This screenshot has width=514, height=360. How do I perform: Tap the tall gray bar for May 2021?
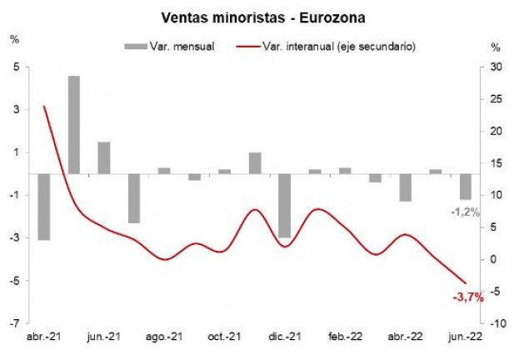[74, 124]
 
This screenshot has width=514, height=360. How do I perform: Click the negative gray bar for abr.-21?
[44, 206]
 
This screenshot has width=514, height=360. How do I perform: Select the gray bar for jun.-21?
[104, 157]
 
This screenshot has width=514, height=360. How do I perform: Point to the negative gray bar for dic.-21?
[285, 205]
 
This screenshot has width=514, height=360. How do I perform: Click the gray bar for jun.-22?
[465, 186]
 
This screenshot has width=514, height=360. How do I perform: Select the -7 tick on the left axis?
[15, 322]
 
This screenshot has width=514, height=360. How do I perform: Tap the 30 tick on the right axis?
[496, 67]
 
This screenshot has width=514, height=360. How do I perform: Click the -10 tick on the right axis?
[497, 322]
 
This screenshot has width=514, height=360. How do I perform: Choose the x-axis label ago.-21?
[164, 337]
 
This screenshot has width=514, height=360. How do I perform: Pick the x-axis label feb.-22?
[345, 337]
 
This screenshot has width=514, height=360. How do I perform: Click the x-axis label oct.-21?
[224, 337]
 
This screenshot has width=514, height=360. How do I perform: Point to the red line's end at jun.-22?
[465, 283]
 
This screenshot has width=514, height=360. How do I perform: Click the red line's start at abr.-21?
[44, 106]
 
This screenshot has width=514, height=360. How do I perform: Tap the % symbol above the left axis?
[14, 39]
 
